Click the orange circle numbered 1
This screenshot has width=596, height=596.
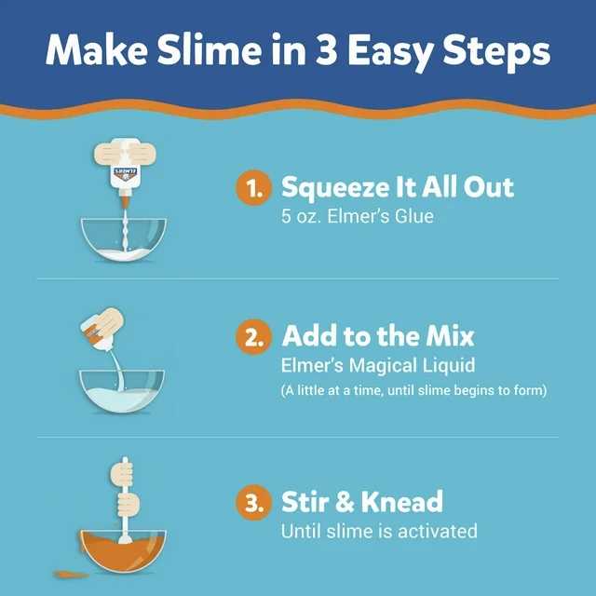pos(253,187)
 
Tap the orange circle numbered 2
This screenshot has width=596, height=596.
pos(253,336)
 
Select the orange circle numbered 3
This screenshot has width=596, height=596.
pos(253,502)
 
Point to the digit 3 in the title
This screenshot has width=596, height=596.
pos(327,50)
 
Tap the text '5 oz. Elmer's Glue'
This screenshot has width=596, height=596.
pos(358,216)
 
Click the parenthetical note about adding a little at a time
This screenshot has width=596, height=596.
pos(413,390)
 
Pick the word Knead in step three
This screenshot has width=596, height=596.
pos(401,502)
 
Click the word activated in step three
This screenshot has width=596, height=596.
pos(438,531)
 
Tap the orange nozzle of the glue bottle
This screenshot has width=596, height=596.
pos(124,198)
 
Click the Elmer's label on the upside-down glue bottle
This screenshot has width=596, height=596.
pos(125,174)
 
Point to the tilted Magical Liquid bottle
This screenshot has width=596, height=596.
pos(102,329)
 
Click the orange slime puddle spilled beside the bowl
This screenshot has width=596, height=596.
pos(71,574)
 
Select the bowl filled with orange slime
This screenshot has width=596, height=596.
pos(123,550)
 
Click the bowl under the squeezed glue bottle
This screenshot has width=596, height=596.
pos(123,239)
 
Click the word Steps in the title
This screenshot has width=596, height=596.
pos(496,52)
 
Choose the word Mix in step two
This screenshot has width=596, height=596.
pos(450,336)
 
